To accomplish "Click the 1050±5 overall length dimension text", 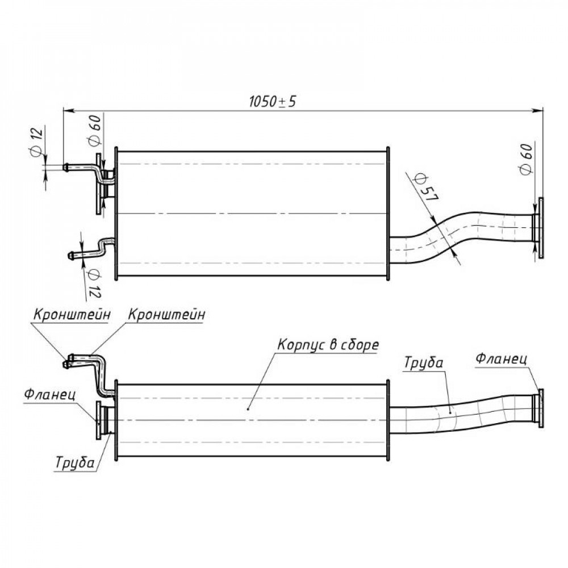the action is tap(273, 102).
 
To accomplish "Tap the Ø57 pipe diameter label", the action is tap(427, 187).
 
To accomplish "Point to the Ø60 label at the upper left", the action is tap(94, 131).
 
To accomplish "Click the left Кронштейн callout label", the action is tap(72, 315).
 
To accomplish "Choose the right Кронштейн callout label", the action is tap(166, 315).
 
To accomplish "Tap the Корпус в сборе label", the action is tap(328, 345).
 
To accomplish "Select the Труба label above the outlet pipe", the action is tap(424, 363).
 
